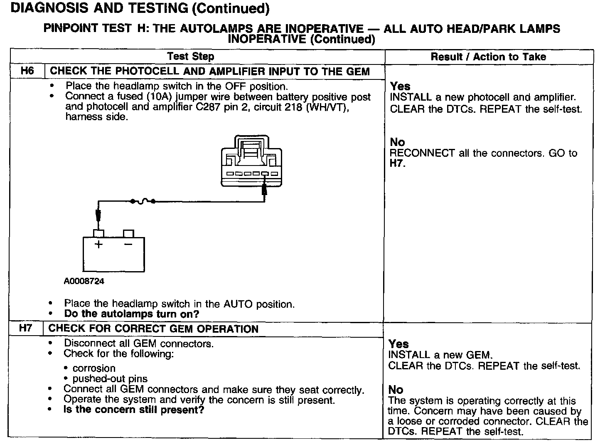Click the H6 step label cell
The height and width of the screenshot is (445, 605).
coord(27,71)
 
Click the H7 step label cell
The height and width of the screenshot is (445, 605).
coord(26,328)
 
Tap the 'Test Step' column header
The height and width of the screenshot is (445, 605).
coord(191,57)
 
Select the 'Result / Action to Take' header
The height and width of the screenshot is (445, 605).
coord(488,57)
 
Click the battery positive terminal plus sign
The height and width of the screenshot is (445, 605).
coord(98,245)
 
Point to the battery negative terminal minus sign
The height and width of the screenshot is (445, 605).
coord(128,244)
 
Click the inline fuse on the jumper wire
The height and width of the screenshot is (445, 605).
coord(143,202)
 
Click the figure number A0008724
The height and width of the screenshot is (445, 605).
coord(84,281)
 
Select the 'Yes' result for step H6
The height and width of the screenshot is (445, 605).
coord(400,86)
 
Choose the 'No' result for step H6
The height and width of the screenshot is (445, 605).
coord(397,142)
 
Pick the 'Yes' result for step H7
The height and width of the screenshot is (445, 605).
coord(398,344)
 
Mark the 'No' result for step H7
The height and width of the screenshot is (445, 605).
coord(396,390)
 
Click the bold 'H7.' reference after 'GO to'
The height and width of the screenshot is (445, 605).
coord(397,163)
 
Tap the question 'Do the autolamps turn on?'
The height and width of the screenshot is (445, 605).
coord(132,314)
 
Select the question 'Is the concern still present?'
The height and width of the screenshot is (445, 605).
coord(134,410)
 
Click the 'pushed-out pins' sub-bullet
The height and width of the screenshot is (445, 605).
coord(110,378)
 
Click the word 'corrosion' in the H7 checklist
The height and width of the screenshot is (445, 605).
coord(94,368)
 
